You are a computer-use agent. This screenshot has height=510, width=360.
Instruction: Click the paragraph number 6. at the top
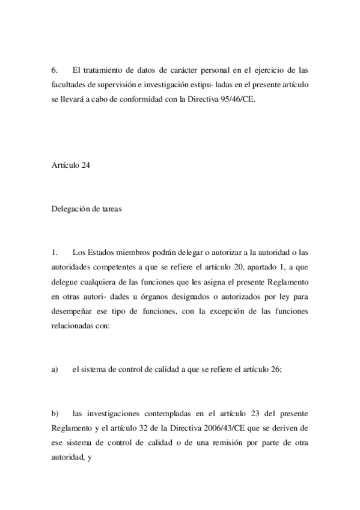point(55,70)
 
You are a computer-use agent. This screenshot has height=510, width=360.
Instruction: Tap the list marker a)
point(55,370)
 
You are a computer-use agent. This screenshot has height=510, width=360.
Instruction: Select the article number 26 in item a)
point(276,370)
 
